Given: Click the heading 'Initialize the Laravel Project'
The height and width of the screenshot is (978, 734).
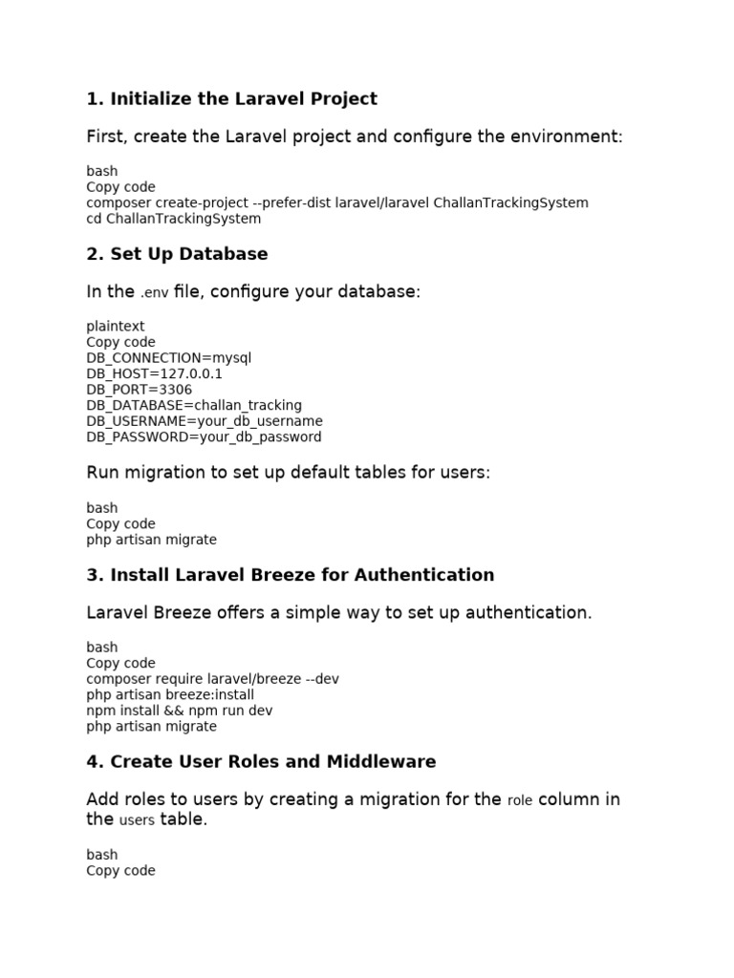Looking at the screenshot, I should (x=231, y=98).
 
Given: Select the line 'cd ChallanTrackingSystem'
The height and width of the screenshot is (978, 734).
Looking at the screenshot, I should (x=173, y=219).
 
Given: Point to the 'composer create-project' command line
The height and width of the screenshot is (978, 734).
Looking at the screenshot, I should (x=337, y=202).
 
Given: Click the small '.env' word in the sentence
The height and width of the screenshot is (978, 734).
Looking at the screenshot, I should (x=154, y=292).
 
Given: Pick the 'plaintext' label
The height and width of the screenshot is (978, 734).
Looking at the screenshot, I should (x=116, y=327).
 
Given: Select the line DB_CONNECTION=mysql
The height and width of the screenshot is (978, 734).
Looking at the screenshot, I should (x=169, y=358).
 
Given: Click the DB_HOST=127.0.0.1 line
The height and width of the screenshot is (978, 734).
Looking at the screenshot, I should (x=154, y=373).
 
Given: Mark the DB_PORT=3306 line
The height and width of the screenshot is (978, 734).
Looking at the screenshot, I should (x=139, y=390).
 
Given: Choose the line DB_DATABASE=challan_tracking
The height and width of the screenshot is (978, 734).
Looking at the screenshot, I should (x=194, y=405).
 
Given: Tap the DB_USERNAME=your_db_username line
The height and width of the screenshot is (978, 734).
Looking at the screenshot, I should (x=205, y=421).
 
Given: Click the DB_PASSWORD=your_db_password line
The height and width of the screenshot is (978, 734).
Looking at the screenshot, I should (x=204, y=436).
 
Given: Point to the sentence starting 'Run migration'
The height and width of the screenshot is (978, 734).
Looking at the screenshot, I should (x=288, y=473).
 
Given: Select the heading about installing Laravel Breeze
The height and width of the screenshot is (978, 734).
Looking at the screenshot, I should (x=291, y=575).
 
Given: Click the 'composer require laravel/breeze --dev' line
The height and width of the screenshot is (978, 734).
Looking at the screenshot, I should (x=212, y=679).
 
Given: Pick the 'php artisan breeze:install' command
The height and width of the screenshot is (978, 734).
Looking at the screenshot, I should (x=170, y=694).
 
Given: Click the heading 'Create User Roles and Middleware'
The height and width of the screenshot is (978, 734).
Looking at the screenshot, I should (x=261, y=761).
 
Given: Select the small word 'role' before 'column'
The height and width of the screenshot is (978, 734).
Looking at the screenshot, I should (x=520, y=800).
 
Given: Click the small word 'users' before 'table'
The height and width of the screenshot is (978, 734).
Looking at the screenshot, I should (x=137, y=820).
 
